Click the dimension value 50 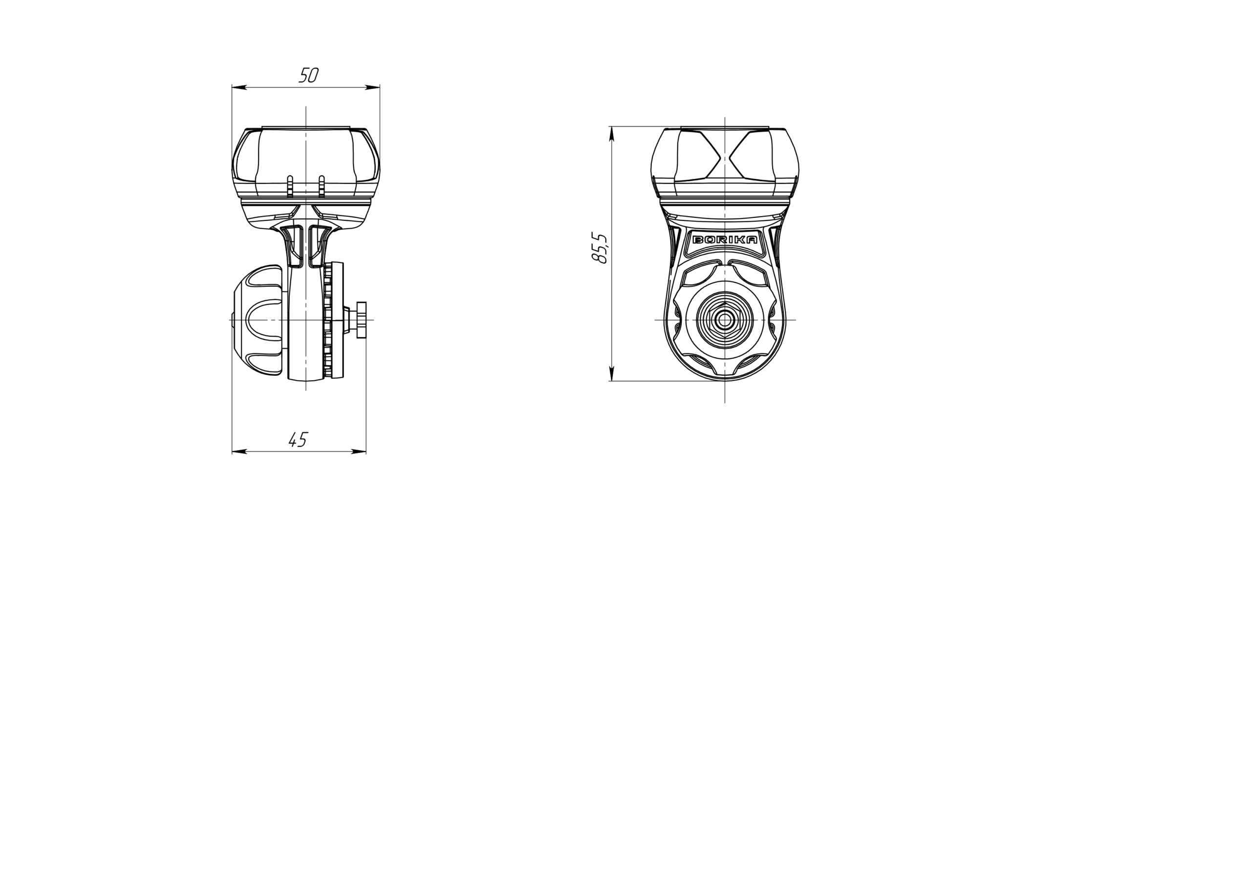[308, 76]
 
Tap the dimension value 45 [298, 440]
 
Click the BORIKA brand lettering [724, 240]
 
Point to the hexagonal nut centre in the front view [724, 321]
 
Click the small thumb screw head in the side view [361, 320]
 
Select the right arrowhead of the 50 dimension [373, 87]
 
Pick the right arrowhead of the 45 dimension [359, 452]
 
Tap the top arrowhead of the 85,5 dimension [611, 133]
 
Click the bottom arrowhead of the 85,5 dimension [611, 374]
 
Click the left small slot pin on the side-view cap [290, 186]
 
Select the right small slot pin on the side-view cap [322, 186]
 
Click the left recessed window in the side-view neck [294, 245]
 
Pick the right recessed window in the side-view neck [318, 245]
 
